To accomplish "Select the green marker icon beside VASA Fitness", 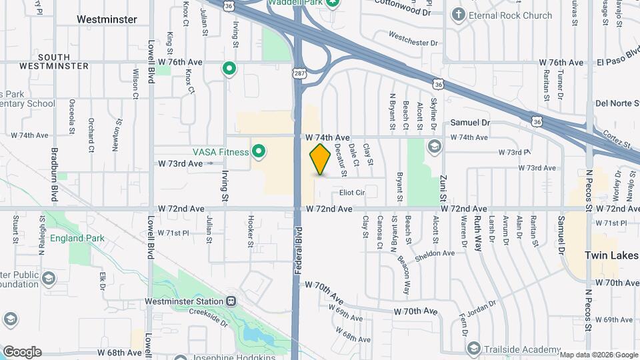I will [x=258, y=151].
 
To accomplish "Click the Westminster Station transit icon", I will [x=231, y=301].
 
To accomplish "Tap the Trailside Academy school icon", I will [x=473, y=349].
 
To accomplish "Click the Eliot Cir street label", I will [x=352, y=193].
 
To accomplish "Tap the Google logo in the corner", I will [x=22, y=352].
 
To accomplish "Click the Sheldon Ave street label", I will [x=434, y=253].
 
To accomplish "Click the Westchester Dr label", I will [x=413, y=39].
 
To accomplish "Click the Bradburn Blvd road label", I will [x=55, y=175].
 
